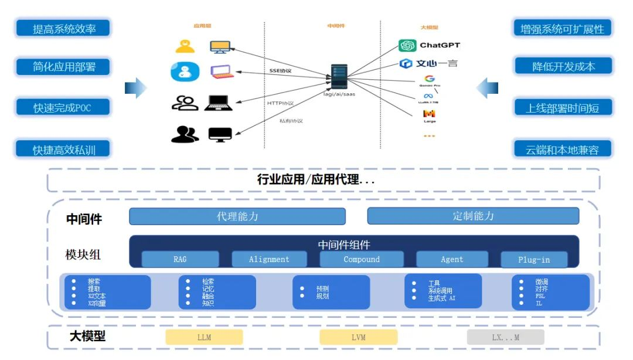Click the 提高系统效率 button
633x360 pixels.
(x=63, y=28)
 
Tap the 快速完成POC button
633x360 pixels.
(x=63, y=107)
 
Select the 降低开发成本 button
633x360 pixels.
(x=563, y=66)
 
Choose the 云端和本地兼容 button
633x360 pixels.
(x=563, y=150)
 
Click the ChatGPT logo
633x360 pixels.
(x=429, y=45)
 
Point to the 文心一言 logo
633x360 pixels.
(x=428, y=63)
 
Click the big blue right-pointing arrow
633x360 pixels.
(x=135, y=88)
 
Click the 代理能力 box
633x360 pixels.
(x=237, y=216)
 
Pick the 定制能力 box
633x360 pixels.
(x=473, y=216)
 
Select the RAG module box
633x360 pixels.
(x=180, y=259)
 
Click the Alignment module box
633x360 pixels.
(x=269, y=259)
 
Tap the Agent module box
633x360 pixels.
(x=452, y=259)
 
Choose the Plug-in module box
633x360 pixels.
(x=534, y=260)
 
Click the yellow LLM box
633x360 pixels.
(x=204, y=337)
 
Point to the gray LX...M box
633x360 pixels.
(x=505, y=337)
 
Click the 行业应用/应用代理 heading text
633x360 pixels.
(x=316, y=180)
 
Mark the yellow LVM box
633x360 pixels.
(x=358, y=337)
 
